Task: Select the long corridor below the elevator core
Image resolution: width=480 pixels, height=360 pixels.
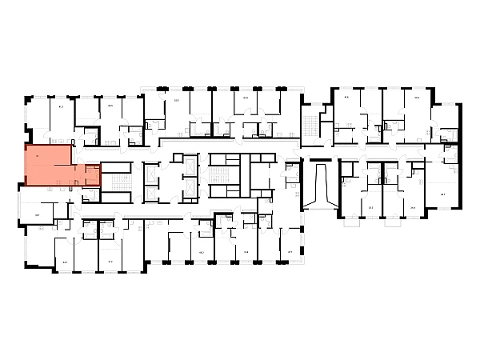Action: tap(200, 207)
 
